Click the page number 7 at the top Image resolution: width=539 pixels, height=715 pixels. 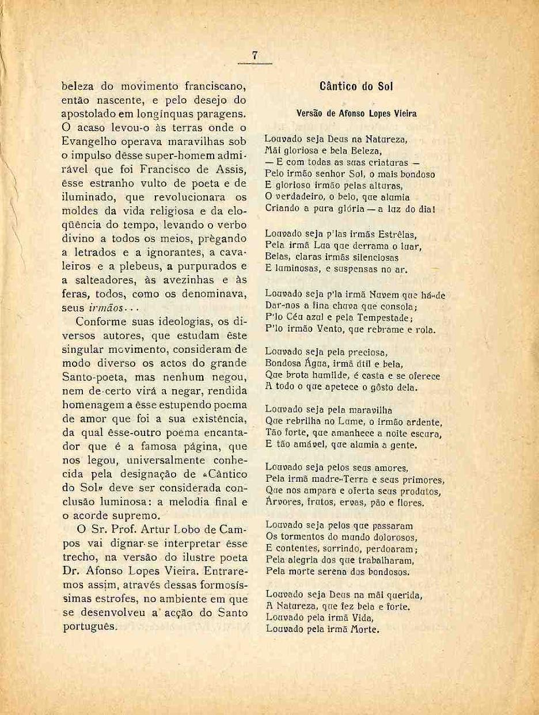click(x=253, y=55)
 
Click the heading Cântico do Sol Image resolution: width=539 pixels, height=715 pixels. click(x=355, y=88)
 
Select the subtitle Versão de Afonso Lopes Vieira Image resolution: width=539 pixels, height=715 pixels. click(x=356, y=114)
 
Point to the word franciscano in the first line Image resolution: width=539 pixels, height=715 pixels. click(x=214, y=88)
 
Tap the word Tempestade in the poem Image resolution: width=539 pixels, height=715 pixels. click(x=385, y=318)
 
